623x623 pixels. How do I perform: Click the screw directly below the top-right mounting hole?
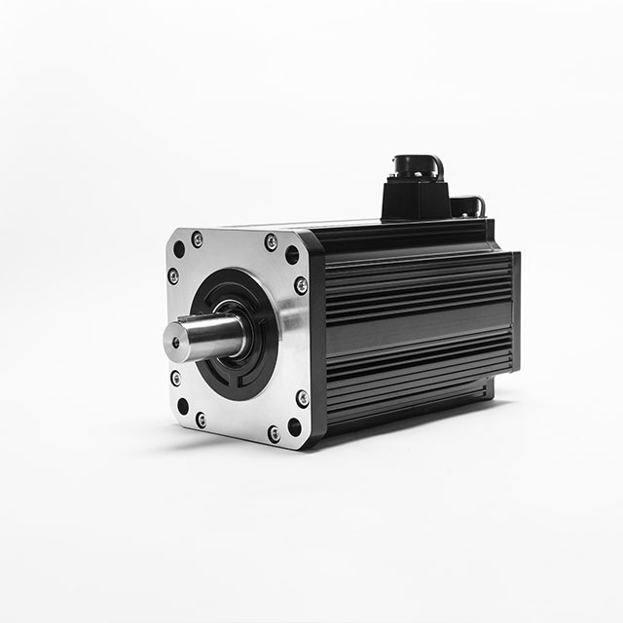(301, 285)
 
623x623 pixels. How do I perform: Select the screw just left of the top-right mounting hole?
(271, 241)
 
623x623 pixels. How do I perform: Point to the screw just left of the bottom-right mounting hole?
(274, 434)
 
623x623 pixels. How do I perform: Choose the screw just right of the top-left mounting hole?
(198, 238)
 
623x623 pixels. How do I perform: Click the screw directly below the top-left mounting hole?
(173, 276)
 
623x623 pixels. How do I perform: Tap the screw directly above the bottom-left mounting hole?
(175, 378)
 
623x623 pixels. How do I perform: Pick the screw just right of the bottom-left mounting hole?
(201, 420)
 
